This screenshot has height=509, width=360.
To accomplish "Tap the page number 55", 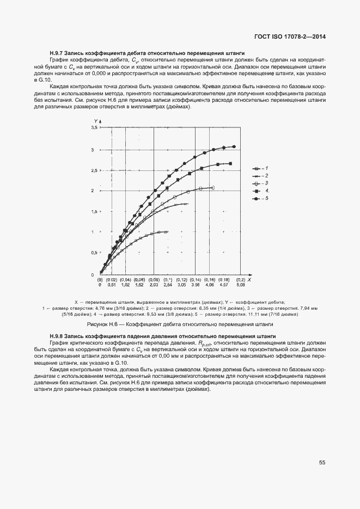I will click(x=322, y=463).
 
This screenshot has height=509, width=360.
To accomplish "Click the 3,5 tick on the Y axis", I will click(x=94, y=127).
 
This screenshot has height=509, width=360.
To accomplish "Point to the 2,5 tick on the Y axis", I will click(x=94, y=170).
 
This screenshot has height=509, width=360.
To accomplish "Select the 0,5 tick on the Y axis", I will click(x=94, y=253).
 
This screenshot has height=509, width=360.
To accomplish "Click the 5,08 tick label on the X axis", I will click(x=240, y=285).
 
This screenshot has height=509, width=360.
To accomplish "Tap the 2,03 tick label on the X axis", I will click(x=154, y=285).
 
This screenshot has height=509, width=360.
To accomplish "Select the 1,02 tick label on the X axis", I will click(x=125, y=285).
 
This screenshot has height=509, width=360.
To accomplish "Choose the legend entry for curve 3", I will click(x=260, y=183).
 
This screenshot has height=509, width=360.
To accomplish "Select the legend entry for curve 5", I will click(x=260, y=199).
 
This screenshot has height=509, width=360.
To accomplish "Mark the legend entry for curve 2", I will click(x=260, y=176).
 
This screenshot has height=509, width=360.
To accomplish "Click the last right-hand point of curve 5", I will click(x=234, y=146).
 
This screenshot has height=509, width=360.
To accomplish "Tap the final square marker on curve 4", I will click(x=230, y=163).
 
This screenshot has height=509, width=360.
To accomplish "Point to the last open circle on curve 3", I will click(x=212, y=188).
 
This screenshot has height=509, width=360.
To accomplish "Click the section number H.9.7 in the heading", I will click(x=58, y=53).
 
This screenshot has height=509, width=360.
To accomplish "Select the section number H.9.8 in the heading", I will click(x=58, y=337).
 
